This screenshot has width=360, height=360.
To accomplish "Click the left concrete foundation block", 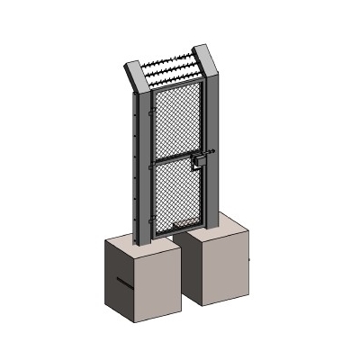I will (135, 279).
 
